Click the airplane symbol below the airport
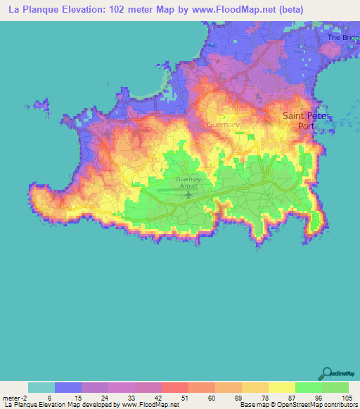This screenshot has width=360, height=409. click(x=188, y=194)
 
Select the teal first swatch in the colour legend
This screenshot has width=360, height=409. click(x=41, y=387)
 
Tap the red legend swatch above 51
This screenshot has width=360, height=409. click(x=174, y=387)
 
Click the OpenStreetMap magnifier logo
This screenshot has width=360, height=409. click(x=327, y=375)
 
